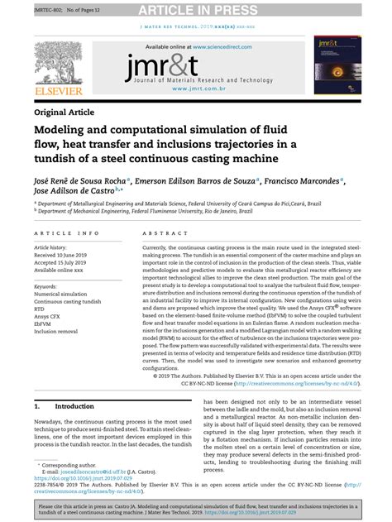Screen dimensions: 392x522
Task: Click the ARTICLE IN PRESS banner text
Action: (196, 9)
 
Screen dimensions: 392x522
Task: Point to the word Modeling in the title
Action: (63, 131)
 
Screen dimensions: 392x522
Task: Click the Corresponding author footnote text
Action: (68, 467)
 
